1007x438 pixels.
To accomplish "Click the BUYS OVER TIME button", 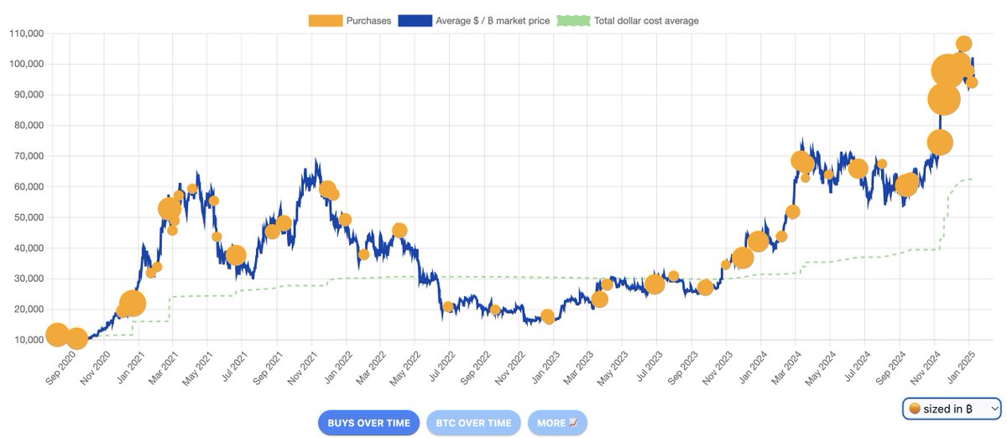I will pyautogui.click(x=368, y=423).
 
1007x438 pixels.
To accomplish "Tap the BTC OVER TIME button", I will pyautogui.click(x=473, y=423).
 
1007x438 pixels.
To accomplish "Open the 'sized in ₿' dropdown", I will pyautogui.click(x=952, y=409).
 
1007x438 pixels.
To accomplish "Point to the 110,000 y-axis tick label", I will pyautogui.click(x=27, y=34).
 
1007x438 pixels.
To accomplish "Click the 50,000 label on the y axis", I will pyautogui.click(x=29, y=217).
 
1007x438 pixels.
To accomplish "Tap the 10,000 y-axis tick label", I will pyautogui.click(x=29, y=340).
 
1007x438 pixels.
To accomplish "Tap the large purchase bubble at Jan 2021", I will pyautogui.click(x=133, y=304).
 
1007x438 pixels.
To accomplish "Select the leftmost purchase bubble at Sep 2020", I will pyautogui.click(x=57, y=335).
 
